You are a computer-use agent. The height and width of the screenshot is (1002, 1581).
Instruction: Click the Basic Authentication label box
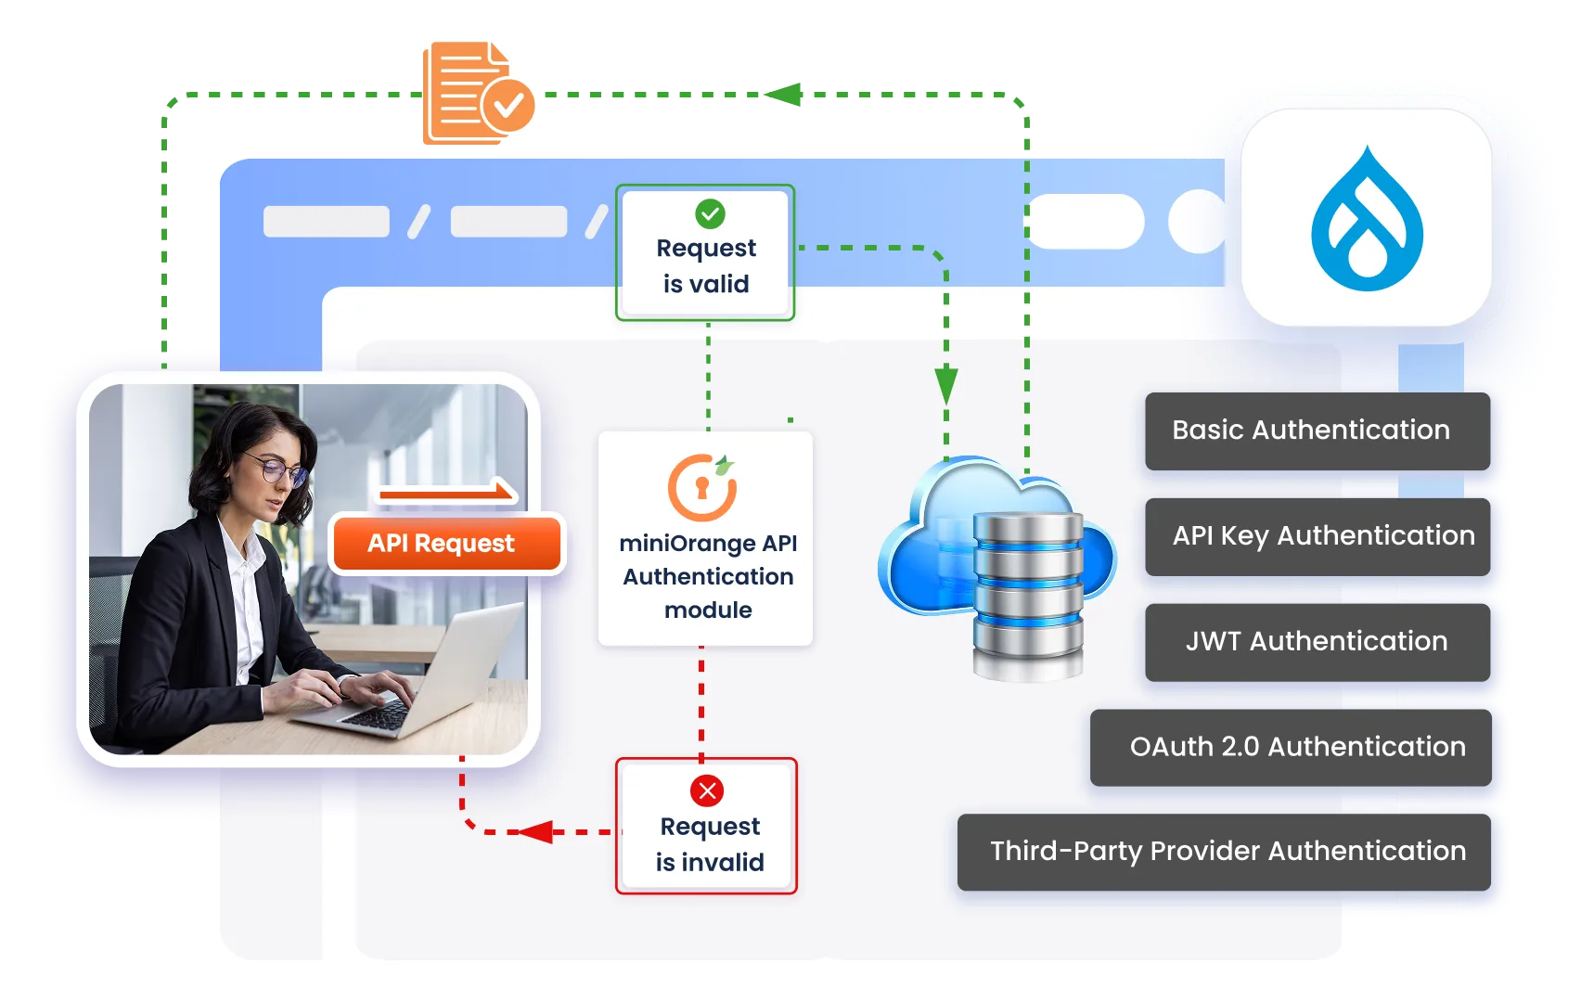tap(1317, 430)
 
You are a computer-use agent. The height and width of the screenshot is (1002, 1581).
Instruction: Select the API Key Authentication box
tap(1317, 536)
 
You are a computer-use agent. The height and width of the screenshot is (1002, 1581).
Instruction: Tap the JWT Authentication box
tap(1317, 642)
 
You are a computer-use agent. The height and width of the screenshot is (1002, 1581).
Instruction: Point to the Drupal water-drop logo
tap(1366, 220)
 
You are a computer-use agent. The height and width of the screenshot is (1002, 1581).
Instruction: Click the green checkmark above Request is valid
tap(710, 214)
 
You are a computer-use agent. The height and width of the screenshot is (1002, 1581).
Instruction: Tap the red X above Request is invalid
tap(707, 790)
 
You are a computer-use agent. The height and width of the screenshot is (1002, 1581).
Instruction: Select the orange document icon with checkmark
tap(480, 94)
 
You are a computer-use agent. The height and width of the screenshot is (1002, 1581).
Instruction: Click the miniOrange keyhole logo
tap(702, 487)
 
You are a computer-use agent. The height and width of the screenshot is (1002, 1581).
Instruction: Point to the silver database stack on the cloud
tap(1027, 594)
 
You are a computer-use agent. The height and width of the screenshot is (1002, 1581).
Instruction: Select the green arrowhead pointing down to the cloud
tap(945, 384)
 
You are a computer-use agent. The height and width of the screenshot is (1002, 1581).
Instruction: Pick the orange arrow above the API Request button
tap(446, 493)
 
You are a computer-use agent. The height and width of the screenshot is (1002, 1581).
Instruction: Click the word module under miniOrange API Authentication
tap(708, 610)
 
